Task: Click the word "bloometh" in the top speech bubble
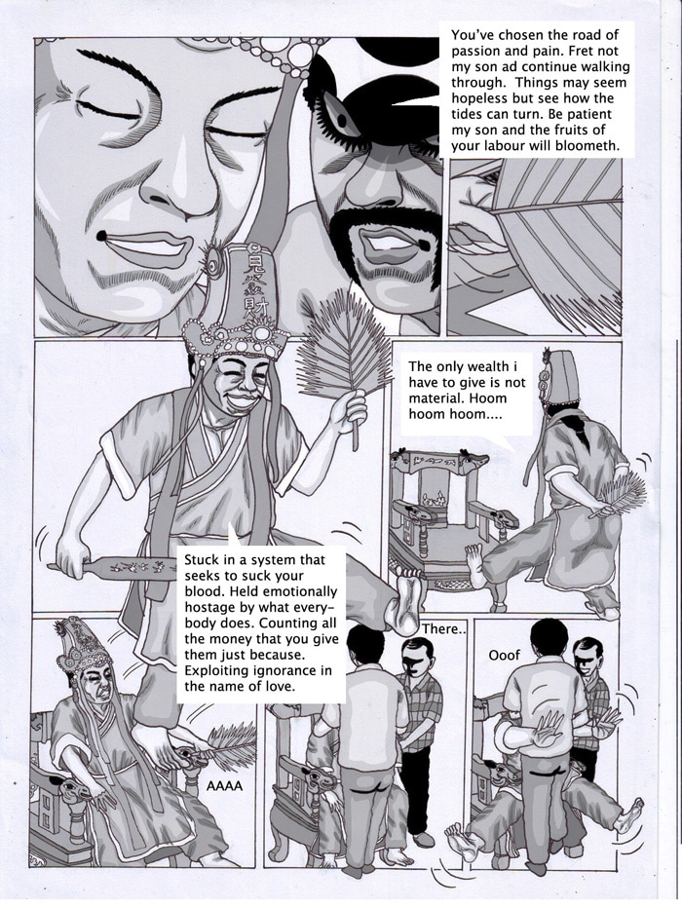[x=585, y=146]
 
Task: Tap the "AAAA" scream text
[x=225, y=786]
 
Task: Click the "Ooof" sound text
[x=505, y=655]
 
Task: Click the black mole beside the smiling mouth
[x=100, y=236]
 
